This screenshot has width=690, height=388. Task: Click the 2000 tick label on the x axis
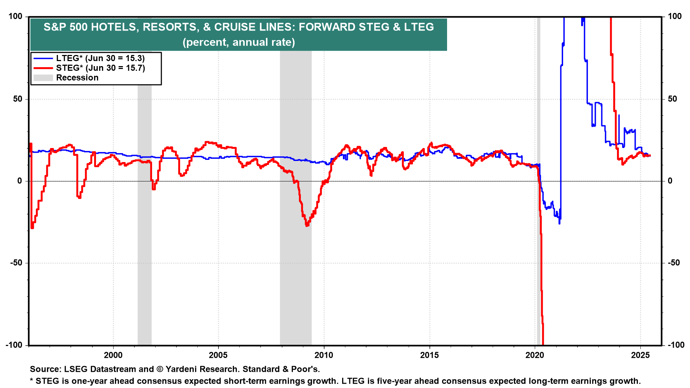click(x=113, y=355)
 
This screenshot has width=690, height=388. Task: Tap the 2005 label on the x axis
click(x=218, y=355)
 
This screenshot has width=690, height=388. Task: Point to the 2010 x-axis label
click(x=324, y=355)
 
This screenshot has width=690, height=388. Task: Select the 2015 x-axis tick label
click(x=429, y=355)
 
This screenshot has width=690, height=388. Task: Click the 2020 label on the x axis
click(x=535, y=355)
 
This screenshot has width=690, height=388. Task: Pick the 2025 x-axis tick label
click(x=640, y=355)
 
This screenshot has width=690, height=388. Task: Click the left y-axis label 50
click(x=18, y=99)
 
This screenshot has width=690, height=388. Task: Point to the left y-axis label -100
click(x=14, y=345)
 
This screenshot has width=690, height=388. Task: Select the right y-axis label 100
click(x=675, y=16)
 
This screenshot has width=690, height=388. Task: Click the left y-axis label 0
click(x=20, y=181)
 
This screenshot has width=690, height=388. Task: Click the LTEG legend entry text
click(x=100, y=58)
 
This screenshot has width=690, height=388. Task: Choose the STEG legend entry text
click(x=100, y=68)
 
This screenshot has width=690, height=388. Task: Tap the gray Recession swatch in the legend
click(x=43, y=78)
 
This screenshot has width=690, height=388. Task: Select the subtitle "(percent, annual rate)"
click(x=239, y=42)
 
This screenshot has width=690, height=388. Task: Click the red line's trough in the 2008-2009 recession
click(x=307, y=225)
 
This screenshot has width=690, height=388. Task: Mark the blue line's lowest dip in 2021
click(x=559, y=223)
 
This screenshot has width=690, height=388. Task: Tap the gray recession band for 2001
click(x=144, y=216)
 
